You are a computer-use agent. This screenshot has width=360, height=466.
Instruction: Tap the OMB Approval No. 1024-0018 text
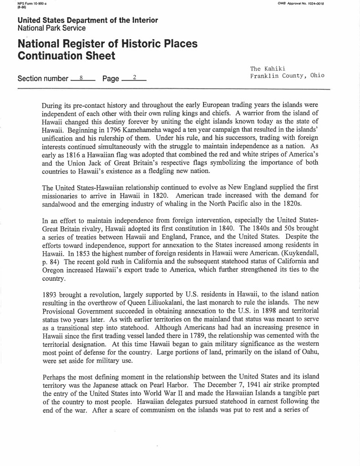coord(300,4)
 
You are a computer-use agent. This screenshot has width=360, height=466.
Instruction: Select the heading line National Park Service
coord(51,28)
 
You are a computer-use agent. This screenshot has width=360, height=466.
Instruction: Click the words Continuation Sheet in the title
coord(66,56)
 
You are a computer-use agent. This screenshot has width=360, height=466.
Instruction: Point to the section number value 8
coord(81,78)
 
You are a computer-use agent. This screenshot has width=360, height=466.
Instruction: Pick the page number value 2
coord(134,78)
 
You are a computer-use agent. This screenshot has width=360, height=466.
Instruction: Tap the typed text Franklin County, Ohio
coord(287,76)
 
